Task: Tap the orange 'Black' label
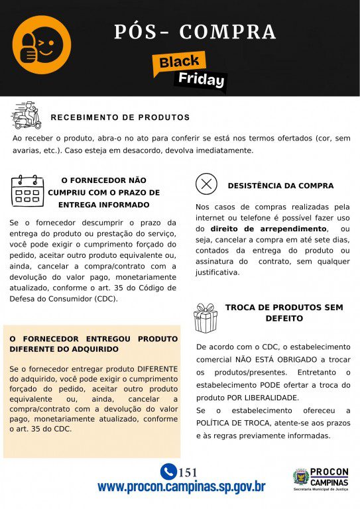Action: [178, 62]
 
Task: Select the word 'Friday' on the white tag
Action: [201, 80]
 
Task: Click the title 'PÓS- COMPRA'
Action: [195, 31]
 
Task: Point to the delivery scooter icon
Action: [27, 115]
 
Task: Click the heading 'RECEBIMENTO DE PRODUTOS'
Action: [120, 117]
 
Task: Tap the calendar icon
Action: [27, 191]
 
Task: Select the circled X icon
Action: [207, 184]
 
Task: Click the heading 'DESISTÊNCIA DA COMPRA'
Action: [280, 186]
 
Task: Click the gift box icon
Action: [206, 318]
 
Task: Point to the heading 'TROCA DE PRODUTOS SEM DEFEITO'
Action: [284, 313]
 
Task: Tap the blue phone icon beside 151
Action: [168, 472]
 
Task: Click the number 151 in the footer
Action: [188, 473]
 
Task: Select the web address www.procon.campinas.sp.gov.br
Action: [181, 487]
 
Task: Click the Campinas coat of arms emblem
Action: [302, 477]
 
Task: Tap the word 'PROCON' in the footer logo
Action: [329, 472]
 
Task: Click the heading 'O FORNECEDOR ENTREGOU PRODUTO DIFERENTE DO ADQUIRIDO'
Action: [93, 343]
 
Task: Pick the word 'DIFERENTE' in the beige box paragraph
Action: [154, 368]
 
